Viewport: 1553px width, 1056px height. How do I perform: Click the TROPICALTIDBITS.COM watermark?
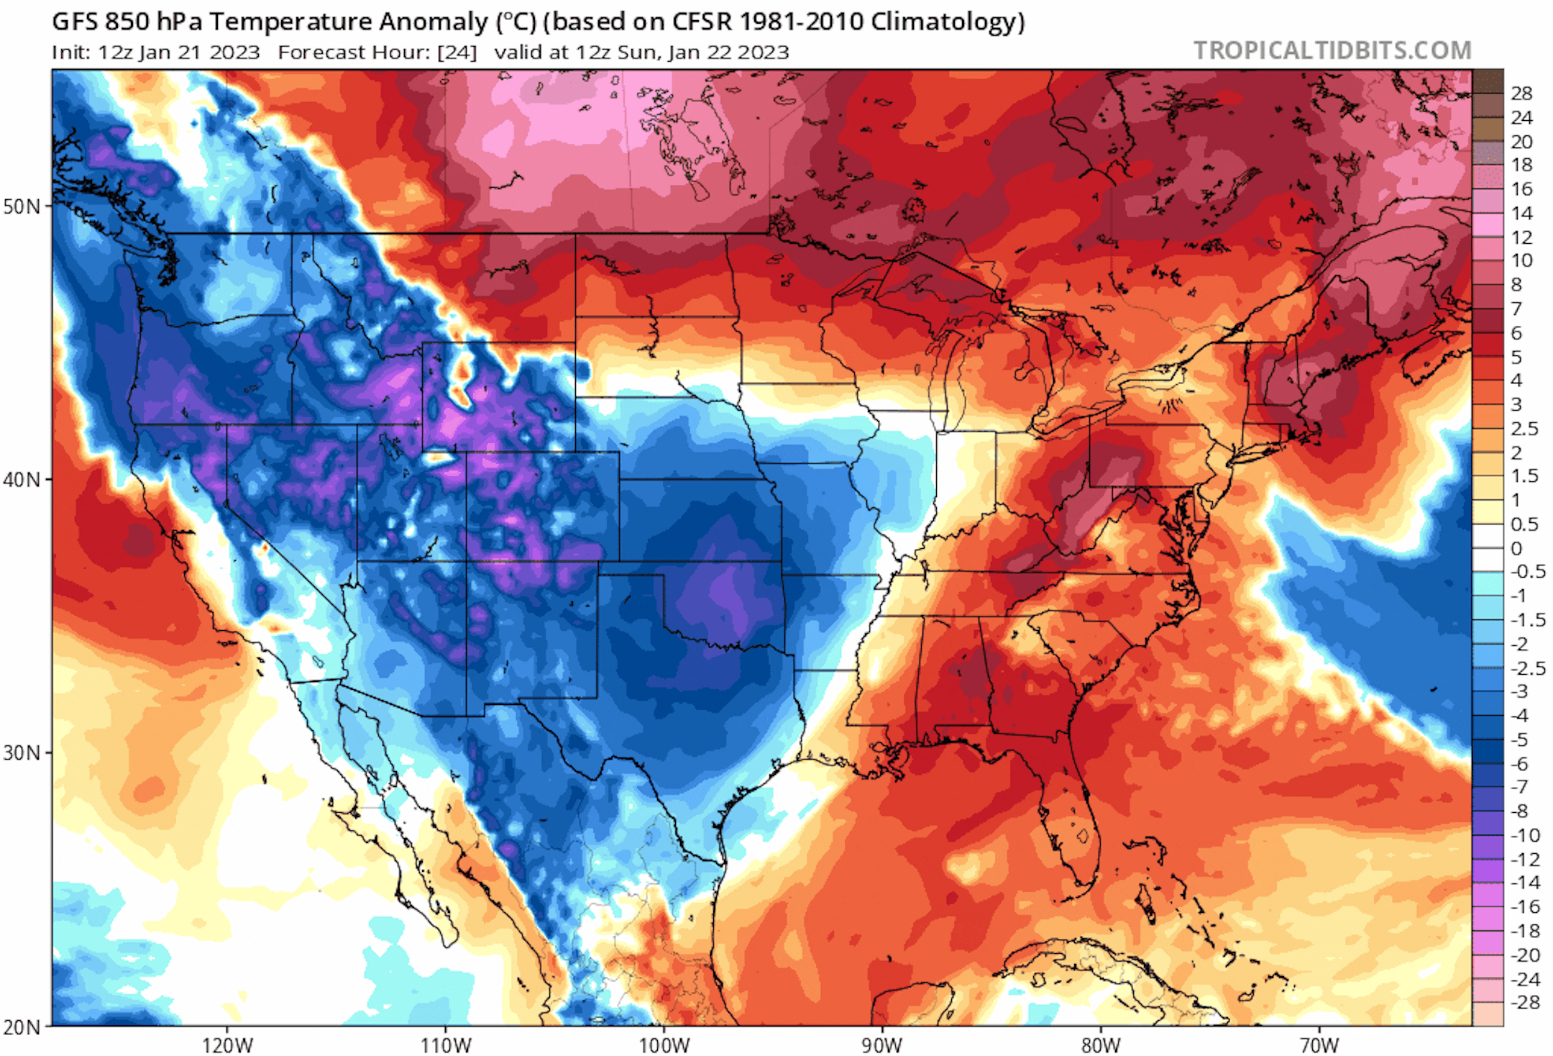point(1332,50)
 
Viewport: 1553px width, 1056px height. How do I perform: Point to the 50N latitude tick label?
point(22,206)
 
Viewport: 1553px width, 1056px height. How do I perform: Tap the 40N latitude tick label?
point(22,479)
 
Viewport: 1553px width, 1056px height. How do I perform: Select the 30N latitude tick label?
point(22,753)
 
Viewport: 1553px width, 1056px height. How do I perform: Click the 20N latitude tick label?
point(22,1027)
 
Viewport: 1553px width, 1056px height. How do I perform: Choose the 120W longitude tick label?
point(227,1044)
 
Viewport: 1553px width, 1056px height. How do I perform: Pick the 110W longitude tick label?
point(446,1044)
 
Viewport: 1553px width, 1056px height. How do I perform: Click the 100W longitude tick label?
point(664,1044)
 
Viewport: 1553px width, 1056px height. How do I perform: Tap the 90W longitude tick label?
point(882,1044)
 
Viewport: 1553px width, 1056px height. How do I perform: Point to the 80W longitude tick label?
point(1101,1044)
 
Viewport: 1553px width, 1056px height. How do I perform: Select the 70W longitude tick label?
point(1319,1044)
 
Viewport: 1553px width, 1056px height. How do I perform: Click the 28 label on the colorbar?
point(1521,93)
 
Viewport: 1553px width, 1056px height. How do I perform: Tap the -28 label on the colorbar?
point(1524,1002)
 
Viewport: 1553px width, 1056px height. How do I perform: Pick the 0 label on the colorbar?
point(1516,548)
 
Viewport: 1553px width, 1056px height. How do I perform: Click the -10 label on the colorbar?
point(1524,835)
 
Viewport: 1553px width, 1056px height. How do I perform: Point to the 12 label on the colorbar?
point(1521,237)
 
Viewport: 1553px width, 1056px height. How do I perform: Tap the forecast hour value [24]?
point(457,53)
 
